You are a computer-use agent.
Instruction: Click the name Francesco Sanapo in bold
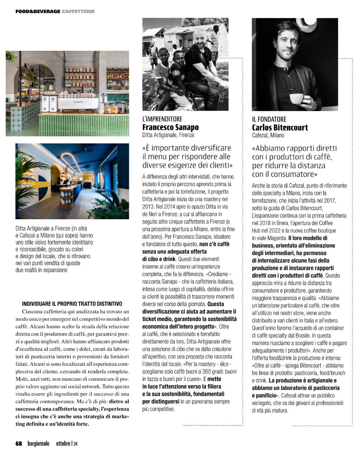170,128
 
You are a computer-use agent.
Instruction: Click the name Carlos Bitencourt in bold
280,128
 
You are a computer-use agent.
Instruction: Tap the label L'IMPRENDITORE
162,119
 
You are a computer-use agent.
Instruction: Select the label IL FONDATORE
269,119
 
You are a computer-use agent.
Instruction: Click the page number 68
19,443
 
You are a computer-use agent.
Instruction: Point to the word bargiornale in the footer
39,443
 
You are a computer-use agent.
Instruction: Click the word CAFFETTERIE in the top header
78,11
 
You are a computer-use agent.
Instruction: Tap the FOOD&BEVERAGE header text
38,11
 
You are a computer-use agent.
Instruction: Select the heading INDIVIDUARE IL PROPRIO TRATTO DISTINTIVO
72,304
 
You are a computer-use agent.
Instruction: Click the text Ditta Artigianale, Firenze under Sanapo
168,136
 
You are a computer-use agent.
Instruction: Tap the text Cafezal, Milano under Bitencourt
268,136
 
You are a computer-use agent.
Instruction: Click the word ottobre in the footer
63,443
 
